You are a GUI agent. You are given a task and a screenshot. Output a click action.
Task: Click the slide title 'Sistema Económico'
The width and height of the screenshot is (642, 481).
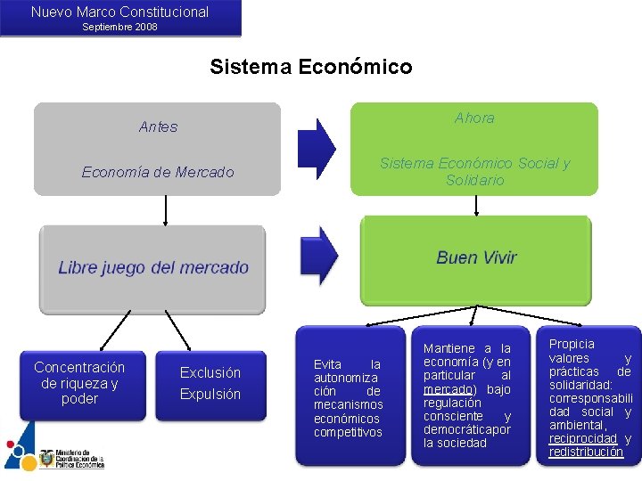coord(310,67)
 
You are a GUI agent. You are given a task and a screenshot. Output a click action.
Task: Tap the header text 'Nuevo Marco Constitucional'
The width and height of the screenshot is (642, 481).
coord(119,12)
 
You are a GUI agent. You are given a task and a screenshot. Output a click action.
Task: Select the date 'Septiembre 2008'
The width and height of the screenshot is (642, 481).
coord(119,27)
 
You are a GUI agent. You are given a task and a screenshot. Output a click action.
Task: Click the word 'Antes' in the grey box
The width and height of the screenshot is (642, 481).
coord(158,127)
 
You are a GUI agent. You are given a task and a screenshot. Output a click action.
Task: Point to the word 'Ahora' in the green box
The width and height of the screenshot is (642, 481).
coord(474,118)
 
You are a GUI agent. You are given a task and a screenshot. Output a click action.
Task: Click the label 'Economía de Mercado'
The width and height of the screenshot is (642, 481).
coord(157,172)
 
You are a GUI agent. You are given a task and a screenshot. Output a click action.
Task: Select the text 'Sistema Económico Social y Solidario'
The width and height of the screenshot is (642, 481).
coord(474,171)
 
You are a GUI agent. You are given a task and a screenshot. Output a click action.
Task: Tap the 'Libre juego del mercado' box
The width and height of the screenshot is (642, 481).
coord(152,268)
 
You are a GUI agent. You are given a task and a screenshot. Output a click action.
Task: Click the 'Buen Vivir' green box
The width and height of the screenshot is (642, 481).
coord(476,258)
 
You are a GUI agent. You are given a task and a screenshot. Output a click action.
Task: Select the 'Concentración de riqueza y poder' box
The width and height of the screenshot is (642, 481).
coord(79,383)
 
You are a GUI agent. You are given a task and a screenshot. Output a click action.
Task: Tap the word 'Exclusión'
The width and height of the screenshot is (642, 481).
coord(210,372)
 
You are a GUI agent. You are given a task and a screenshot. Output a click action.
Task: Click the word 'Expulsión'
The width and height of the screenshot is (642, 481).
coord(210,394)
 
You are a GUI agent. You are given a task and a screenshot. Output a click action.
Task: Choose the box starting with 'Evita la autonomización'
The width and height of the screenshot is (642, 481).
coord(348,398)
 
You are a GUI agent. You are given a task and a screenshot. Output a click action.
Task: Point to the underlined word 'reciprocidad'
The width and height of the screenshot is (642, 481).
coord(582,438)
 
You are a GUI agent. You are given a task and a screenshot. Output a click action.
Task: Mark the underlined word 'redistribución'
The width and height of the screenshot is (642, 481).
coord(586,452)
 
